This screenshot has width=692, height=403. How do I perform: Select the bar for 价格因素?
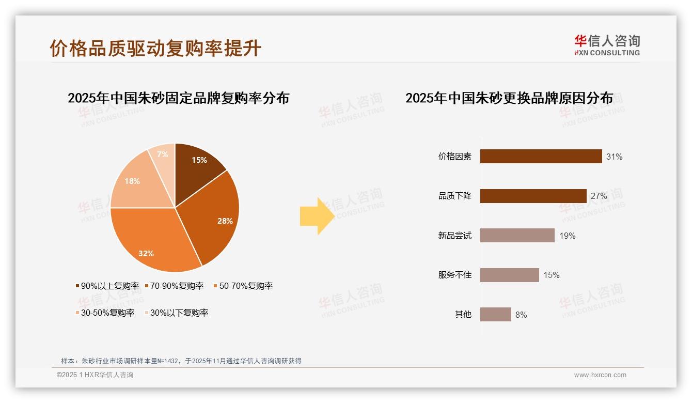(x=541, y=157)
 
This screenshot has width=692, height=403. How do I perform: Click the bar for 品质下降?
(x=533, y=196)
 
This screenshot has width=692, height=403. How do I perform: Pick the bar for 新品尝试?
(x=517, y=236)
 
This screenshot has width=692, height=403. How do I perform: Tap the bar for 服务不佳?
(x=509, y=275)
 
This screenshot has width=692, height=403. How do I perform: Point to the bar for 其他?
(x=495, y=314)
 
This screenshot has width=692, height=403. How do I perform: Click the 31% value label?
(x=615, y=157)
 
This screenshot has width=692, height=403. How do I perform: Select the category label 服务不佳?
(x=455, y=275)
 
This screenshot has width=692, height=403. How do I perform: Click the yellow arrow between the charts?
(x=317, y=216)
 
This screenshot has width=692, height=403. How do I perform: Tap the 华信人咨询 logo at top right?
(x=607, y=45)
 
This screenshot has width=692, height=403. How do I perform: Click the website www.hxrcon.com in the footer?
(x=600, y=375)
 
